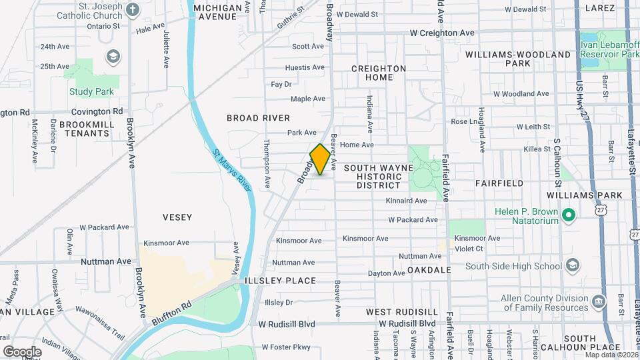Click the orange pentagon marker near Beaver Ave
point(320,160)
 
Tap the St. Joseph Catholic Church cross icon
point(132,9)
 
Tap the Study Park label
point(91,92)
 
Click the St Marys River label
point(231,170)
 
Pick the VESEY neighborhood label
point(177,217)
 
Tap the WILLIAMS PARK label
point(584,195)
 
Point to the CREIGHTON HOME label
point(378,73)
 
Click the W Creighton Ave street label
point(442,33)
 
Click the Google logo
point(22,351)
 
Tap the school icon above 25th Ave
point(112,55)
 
